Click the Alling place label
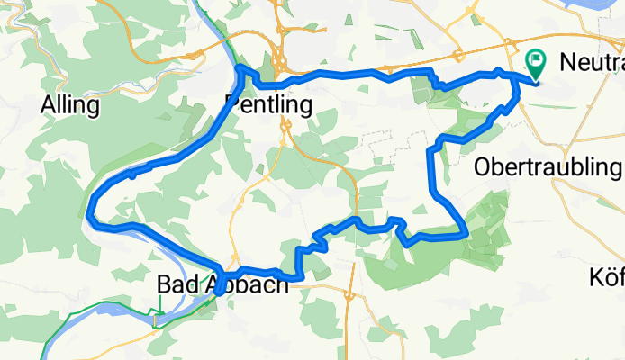[x=69, y=105]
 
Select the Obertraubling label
[x=548, y=167]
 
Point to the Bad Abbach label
[x=222, y=284]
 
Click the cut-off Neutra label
[x=591, y=63]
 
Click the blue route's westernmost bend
[x=89, y=213]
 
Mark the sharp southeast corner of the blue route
[x=466, y=234]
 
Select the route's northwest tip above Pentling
[x=239, y=67]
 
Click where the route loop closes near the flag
[x=515, y=76]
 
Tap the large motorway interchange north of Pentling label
[x=282, y=61]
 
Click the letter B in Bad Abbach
[x=164, y=284]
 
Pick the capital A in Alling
[x=48, y=105]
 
